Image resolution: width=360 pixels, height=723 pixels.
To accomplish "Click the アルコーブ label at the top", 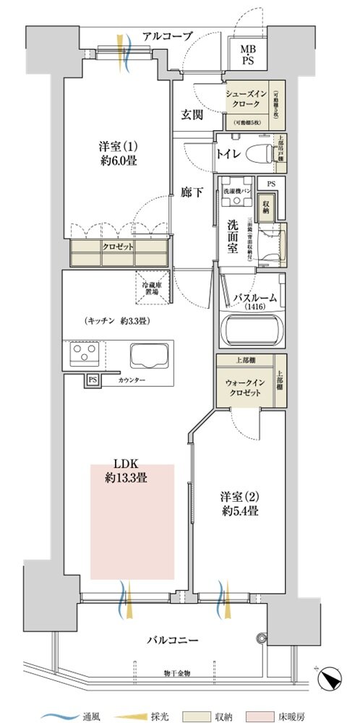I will pyautogui.click(x=167, y=35).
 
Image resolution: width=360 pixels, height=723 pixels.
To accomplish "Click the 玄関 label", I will pyautogui.click(x=192, y=115).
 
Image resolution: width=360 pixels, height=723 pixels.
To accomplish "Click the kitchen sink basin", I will pyautogui.click(x=150, y=356).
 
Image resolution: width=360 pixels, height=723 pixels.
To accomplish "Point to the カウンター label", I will pyautogui.click(x=132, y=380).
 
